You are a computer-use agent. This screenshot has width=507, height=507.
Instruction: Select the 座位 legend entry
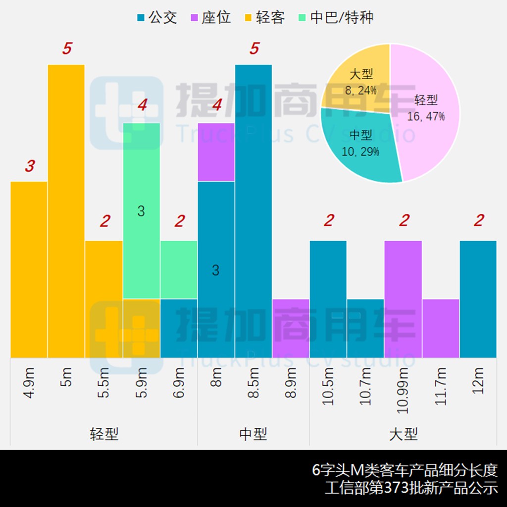point(211,18)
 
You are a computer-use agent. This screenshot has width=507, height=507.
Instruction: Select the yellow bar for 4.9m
point(29,269)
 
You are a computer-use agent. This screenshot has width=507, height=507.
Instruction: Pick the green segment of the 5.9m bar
point(141,210)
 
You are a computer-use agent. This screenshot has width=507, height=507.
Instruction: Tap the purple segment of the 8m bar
point(216,152)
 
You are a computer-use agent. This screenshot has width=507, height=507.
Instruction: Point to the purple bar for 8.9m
point(291,328)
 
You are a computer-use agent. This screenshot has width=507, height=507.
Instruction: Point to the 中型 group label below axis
point(253,434)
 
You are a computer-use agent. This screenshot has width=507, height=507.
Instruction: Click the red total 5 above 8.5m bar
point(254,49)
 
